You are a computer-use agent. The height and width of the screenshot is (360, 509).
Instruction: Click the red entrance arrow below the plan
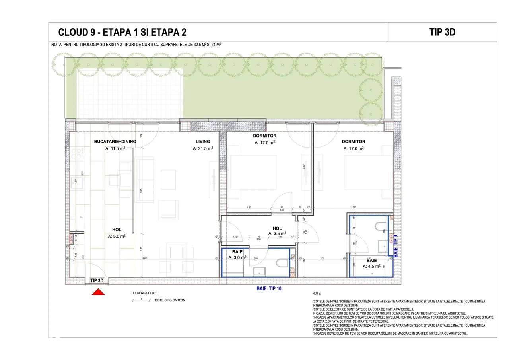(x=98, y=292)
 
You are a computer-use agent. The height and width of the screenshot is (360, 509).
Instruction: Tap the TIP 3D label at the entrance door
(x=97, y=280)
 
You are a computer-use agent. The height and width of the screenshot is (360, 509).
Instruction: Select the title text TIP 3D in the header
(x=442, y=32)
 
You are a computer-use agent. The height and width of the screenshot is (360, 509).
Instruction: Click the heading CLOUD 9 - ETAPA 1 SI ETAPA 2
(x=122, y=32)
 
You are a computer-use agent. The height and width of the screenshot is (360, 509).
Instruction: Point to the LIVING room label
(x=203, y=142)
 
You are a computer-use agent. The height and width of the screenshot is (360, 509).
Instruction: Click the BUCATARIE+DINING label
(x=115, y=142)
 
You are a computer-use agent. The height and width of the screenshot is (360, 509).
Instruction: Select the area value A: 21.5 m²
(x=203, y=148)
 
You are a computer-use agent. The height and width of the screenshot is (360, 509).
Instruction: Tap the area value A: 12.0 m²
(x=265, y=142)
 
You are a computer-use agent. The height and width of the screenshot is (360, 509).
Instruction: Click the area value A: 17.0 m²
(x=354, y=148)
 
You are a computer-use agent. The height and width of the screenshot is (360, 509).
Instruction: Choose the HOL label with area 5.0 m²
(x=117, y=230)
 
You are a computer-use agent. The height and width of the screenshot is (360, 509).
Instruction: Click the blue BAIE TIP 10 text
(x=269, y=288)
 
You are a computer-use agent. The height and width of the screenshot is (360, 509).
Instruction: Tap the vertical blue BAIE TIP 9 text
(x=395, y=245)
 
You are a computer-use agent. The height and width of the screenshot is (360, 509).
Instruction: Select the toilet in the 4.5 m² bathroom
(x=381, y=226)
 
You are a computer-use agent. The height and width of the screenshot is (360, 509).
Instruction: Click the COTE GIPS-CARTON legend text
(x=170, y=300)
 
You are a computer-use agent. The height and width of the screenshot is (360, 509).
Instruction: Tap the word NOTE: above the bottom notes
(x=317, y=293)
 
